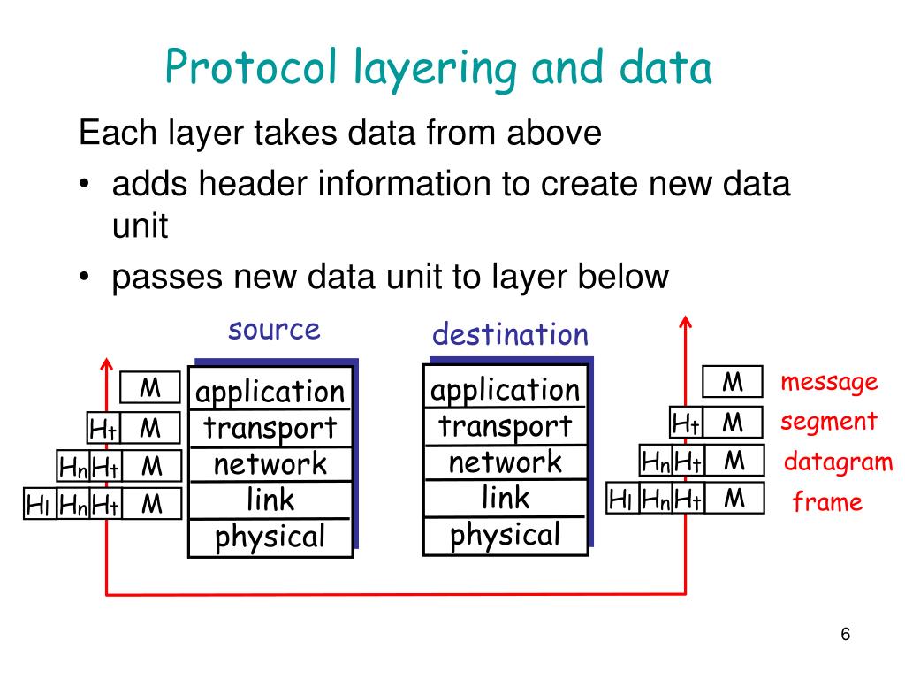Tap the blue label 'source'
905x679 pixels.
[x=274, y=330]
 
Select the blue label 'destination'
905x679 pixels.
[x=510, y=334]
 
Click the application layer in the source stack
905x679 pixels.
[x=270, y=392]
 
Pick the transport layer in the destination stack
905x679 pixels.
[x=506, y=426]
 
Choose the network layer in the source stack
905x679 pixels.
[x=270, y=464]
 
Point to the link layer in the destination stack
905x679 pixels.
[x=506, y=499]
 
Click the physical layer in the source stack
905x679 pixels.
[x=270, y=536]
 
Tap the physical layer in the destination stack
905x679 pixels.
[x=506, y=535]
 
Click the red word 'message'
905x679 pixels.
[x=829, y=382]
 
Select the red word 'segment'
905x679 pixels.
[x=829, y=422]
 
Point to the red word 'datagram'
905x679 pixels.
[x=839, y=462]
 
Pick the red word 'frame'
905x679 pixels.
[x=827, y=503]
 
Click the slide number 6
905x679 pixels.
[x=846, y=636]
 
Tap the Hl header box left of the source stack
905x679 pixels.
[x=39, y=505]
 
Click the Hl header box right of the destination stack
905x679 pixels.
[x=622, y=500]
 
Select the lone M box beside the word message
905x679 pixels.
[x=733, y=382]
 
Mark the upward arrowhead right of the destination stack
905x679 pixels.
[x=685, y=322]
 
